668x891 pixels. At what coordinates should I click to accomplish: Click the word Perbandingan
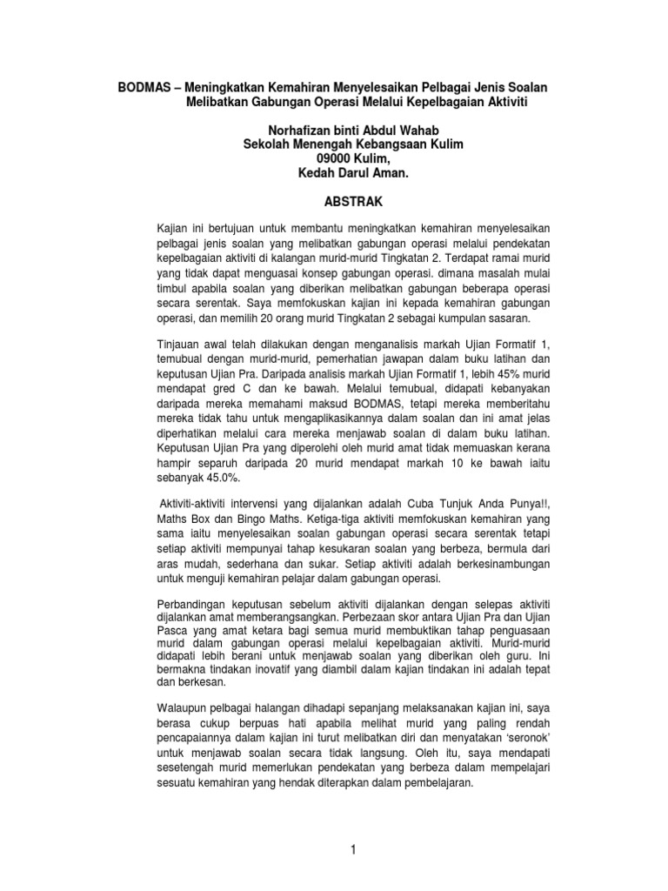pyautogui.click(x=194, y=603)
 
